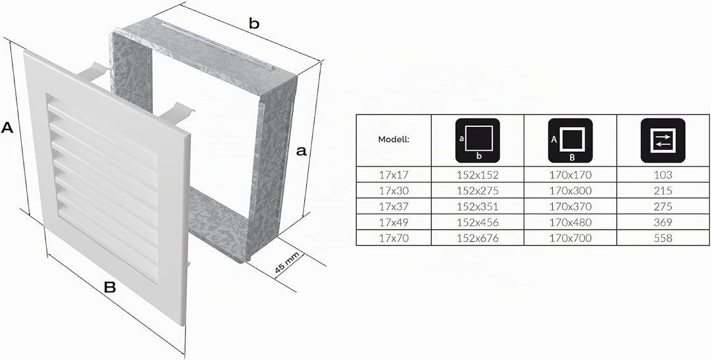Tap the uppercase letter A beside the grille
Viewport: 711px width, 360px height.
coord(7,128)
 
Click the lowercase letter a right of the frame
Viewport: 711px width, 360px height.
coord(301,151)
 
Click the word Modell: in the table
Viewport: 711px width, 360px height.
coord(394,140)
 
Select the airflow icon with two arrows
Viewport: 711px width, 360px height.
coord(662,141)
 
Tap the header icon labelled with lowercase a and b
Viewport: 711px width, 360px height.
coord(477,141)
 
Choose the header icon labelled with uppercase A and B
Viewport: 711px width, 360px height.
coord(570,141)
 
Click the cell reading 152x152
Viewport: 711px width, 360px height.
coord(477,174)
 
